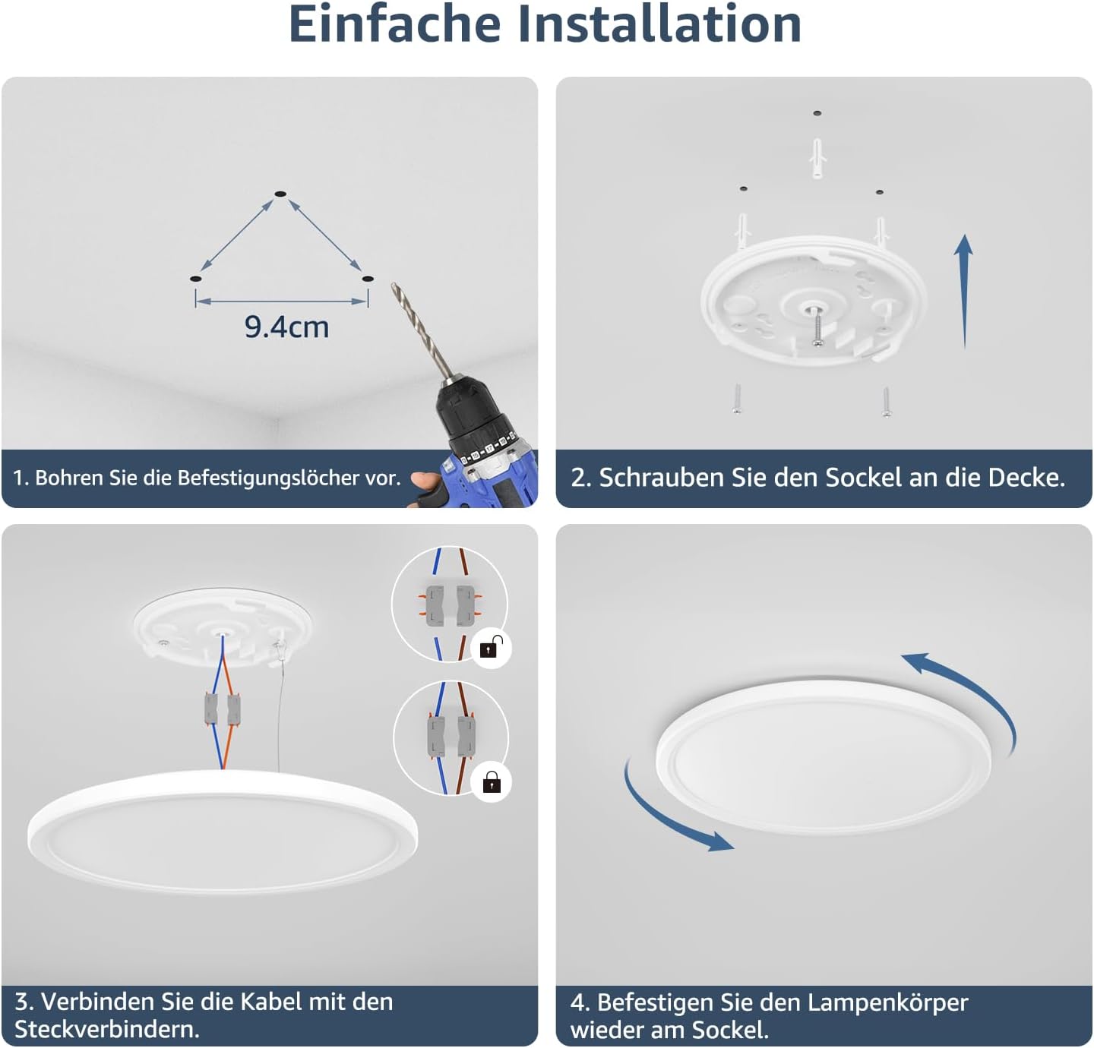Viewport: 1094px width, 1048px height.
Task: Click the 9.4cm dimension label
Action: click(x=286, y=327)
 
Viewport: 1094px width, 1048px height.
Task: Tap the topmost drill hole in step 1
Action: click(x=280, y=195)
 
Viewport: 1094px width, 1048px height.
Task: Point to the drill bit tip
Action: click(x=394, y=287)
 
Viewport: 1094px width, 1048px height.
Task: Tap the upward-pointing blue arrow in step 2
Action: click(x=964, y=289)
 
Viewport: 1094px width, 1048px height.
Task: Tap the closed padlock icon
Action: click(x=492, y=781)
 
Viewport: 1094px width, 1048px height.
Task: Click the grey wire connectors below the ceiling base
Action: click(x=221, y=709)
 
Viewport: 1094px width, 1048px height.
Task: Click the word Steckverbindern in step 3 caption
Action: click(x=106, y=1030)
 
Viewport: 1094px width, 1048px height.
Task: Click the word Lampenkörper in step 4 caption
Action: click(x=887, y=1002)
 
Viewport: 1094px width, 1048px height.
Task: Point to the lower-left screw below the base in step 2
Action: click(x=736, y=398)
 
